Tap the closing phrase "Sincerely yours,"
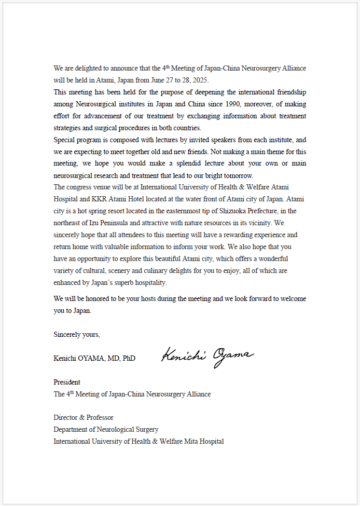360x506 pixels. tap(77, 335)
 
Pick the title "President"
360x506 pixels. tap(67, 382)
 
